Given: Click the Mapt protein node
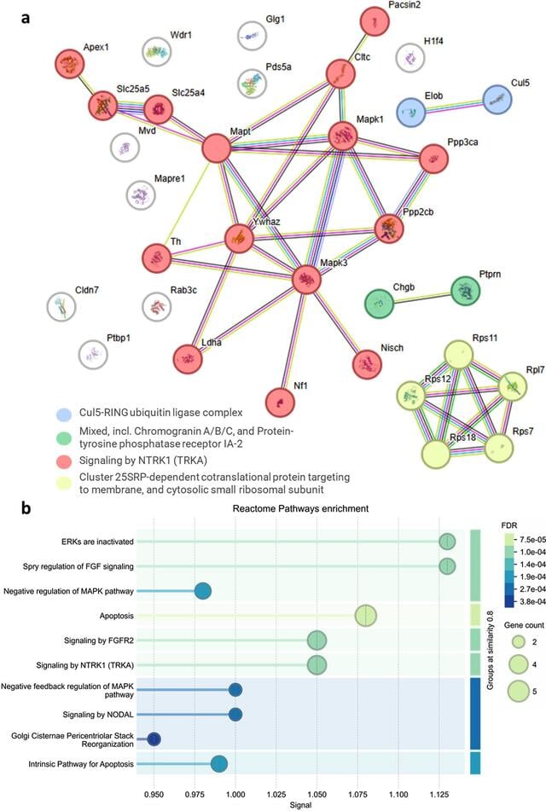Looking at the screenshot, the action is tap(216, 148).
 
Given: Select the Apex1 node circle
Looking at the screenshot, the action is tap(69, 64).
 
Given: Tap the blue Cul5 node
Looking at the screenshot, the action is tap(497, 99).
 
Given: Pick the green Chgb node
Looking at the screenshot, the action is tap(380, 304).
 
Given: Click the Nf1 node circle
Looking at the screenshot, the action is tap(280, 403).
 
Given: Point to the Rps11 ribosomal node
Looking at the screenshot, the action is tap(459, 354).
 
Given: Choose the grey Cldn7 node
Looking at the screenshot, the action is tap(61, 307).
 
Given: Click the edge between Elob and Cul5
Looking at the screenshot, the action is tap(455, 106).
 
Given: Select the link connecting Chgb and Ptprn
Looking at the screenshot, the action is tap(422, 298).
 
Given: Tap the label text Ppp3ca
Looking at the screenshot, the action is tap(462, 142).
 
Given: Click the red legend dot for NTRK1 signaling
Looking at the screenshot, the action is tap(64, 461).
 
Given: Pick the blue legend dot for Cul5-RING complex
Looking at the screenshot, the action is tap(64, 414).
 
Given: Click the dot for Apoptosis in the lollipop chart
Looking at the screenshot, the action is tap(366, 616).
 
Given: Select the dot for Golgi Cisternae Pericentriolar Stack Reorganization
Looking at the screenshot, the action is tap(154, 739).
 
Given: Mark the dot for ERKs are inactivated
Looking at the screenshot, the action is tap(447, 542).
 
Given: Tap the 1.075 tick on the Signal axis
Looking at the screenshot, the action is tap(366, 795).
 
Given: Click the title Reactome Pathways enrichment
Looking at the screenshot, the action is tap(300, 508).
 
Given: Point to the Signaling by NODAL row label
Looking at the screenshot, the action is tap(98, 715).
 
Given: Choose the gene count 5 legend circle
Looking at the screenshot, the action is tap(519, 692).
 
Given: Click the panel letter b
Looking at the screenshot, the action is tap(26, 508).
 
